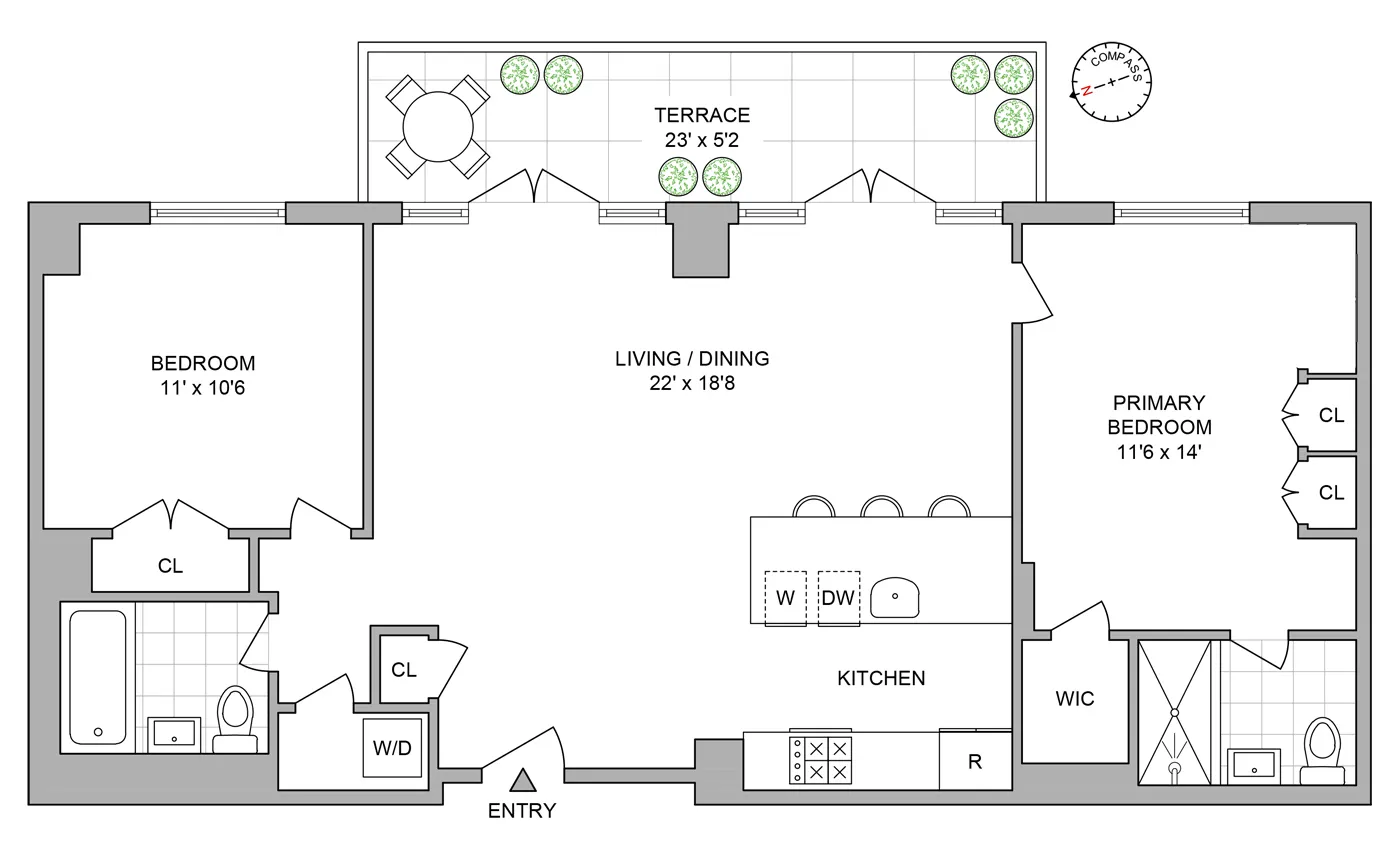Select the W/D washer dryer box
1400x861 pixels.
[392, 747]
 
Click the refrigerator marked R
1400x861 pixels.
[974, 761]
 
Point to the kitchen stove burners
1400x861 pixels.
[820, 760]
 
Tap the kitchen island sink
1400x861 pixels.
[895, 598]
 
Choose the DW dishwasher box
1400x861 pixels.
[838, 598]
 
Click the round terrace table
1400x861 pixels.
[438, 127]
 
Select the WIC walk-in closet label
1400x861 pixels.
[1075, 699]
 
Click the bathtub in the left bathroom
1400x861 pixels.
[98, 676]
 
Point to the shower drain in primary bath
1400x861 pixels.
[1175, 769]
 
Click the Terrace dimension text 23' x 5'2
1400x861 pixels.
[701, 141]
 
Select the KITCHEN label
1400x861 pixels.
[881, 678]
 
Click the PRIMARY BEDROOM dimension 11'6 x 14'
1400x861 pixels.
[1160, 451]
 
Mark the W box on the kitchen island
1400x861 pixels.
[785, 598]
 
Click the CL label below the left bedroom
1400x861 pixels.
[171, 566]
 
